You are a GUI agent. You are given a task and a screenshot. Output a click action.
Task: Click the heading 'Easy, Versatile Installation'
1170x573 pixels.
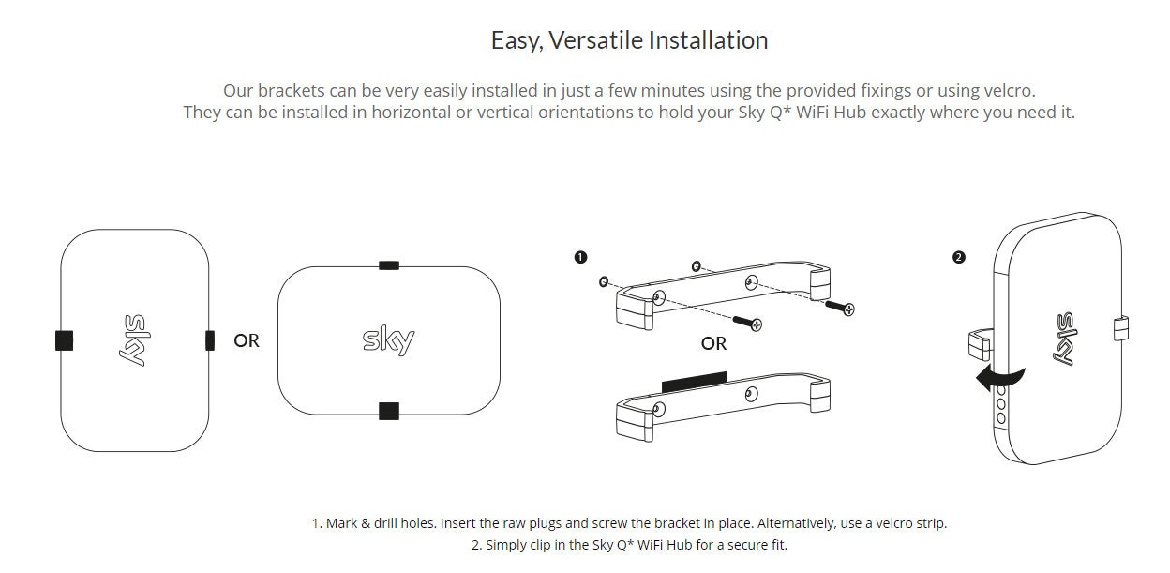629,40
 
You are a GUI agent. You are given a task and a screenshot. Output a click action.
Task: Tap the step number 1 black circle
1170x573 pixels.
580,256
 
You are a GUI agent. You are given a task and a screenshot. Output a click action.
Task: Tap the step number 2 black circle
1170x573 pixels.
958,257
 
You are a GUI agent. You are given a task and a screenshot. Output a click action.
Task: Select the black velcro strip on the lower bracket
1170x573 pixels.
693,381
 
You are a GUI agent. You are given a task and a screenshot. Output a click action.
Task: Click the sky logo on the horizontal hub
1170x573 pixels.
388,340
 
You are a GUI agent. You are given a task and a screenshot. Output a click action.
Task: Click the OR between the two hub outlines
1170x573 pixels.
247,340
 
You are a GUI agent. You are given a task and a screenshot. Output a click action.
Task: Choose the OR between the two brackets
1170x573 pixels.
713,343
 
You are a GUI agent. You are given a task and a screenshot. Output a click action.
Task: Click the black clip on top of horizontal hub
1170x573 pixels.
388,265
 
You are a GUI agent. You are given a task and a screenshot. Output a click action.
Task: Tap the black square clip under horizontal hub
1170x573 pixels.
388,410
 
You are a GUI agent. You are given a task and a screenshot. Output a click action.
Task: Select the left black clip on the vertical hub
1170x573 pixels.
64,340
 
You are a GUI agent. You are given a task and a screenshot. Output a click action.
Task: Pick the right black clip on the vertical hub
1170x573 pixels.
210,340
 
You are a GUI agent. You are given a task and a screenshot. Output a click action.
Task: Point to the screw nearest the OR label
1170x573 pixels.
746,322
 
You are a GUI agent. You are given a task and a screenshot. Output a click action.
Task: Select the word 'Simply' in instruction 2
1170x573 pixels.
507,544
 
